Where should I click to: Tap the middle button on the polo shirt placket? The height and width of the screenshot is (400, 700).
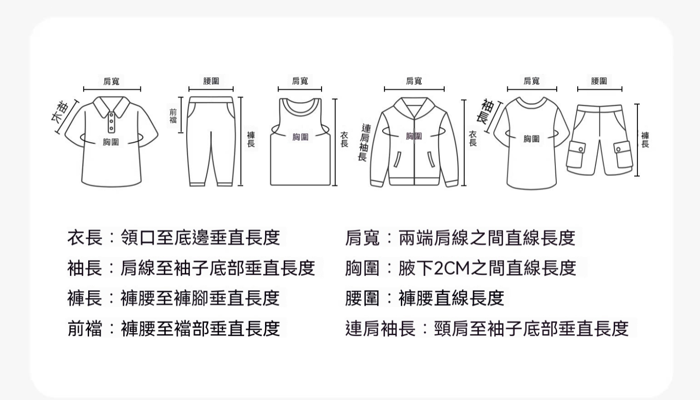click(111, 121)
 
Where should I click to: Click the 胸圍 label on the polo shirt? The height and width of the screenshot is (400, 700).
click(111, 142)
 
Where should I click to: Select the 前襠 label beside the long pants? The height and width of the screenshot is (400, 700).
click(173, 116)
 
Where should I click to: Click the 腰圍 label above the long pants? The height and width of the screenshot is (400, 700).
click(211, 81)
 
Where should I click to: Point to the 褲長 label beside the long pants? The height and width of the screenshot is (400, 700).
click(251, 139)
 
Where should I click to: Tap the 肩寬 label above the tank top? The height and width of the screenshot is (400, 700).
click(300, 81)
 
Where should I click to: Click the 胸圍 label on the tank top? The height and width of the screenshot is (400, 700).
click(301, 137)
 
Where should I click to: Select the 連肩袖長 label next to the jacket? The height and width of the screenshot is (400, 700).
click(364, 142)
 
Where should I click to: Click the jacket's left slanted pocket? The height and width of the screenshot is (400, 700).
click(397, 159)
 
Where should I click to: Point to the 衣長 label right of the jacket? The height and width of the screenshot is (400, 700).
click(473, 138)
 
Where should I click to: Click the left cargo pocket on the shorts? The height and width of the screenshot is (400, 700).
click(576, 154)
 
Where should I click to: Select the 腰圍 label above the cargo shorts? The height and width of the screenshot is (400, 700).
click(599, 81)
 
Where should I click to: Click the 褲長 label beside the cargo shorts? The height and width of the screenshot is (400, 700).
click(645, 139)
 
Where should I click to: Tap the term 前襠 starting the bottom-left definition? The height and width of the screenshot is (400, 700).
click(84, 329)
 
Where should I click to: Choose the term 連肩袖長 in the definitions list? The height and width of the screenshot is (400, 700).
click(380, 329)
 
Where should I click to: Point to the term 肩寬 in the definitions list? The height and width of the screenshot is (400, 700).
click(363, 238)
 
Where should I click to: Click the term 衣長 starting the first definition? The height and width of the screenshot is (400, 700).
click(84, 238)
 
